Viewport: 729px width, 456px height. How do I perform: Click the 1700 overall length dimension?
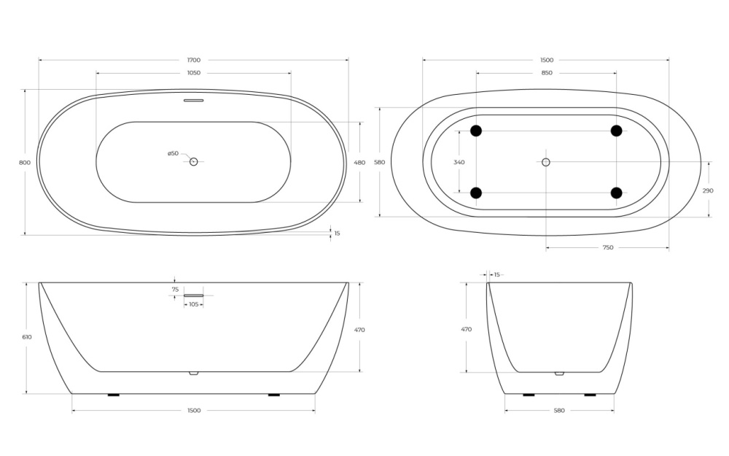193,60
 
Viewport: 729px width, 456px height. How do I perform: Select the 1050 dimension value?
193,73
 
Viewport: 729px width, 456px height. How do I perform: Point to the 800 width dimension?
25,163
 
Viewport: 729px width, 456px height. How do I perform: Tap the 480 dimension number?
359,163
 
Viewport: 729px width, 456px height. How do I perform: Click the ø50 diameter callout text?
173,153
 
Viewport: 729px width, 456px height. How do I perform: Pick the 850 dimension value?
546,73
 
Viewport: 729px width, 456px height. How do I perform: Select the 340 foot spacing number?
459,162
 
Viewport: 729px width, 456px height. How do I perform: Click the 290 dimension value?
708,190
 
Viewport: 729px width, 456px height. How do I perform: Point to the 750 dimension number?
607,248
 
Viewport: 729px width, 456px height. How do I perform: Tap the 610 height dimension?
27,337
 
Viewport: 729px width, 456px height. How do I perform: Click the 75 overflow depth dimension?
175,290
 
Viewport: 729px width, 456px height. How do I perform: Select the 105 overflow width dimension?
193,304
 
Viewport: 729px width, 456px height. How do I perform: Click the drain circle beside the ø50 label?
194,161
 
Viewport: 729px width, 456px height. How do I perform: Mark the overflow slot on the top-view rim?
193,101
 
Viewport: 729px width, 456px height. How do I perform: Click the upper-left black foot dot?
476,131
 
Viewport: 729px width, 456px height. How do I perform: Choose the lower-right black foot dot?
616,193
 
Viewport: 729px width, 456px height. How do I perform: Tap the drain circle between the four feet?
546,162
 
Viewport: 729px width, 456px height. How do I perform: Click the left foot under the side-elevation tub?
113,395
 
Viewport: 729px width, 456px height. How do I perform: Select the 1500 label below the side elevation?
193,411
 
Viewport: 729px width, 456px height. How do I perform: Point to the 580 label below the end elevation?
559,411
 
